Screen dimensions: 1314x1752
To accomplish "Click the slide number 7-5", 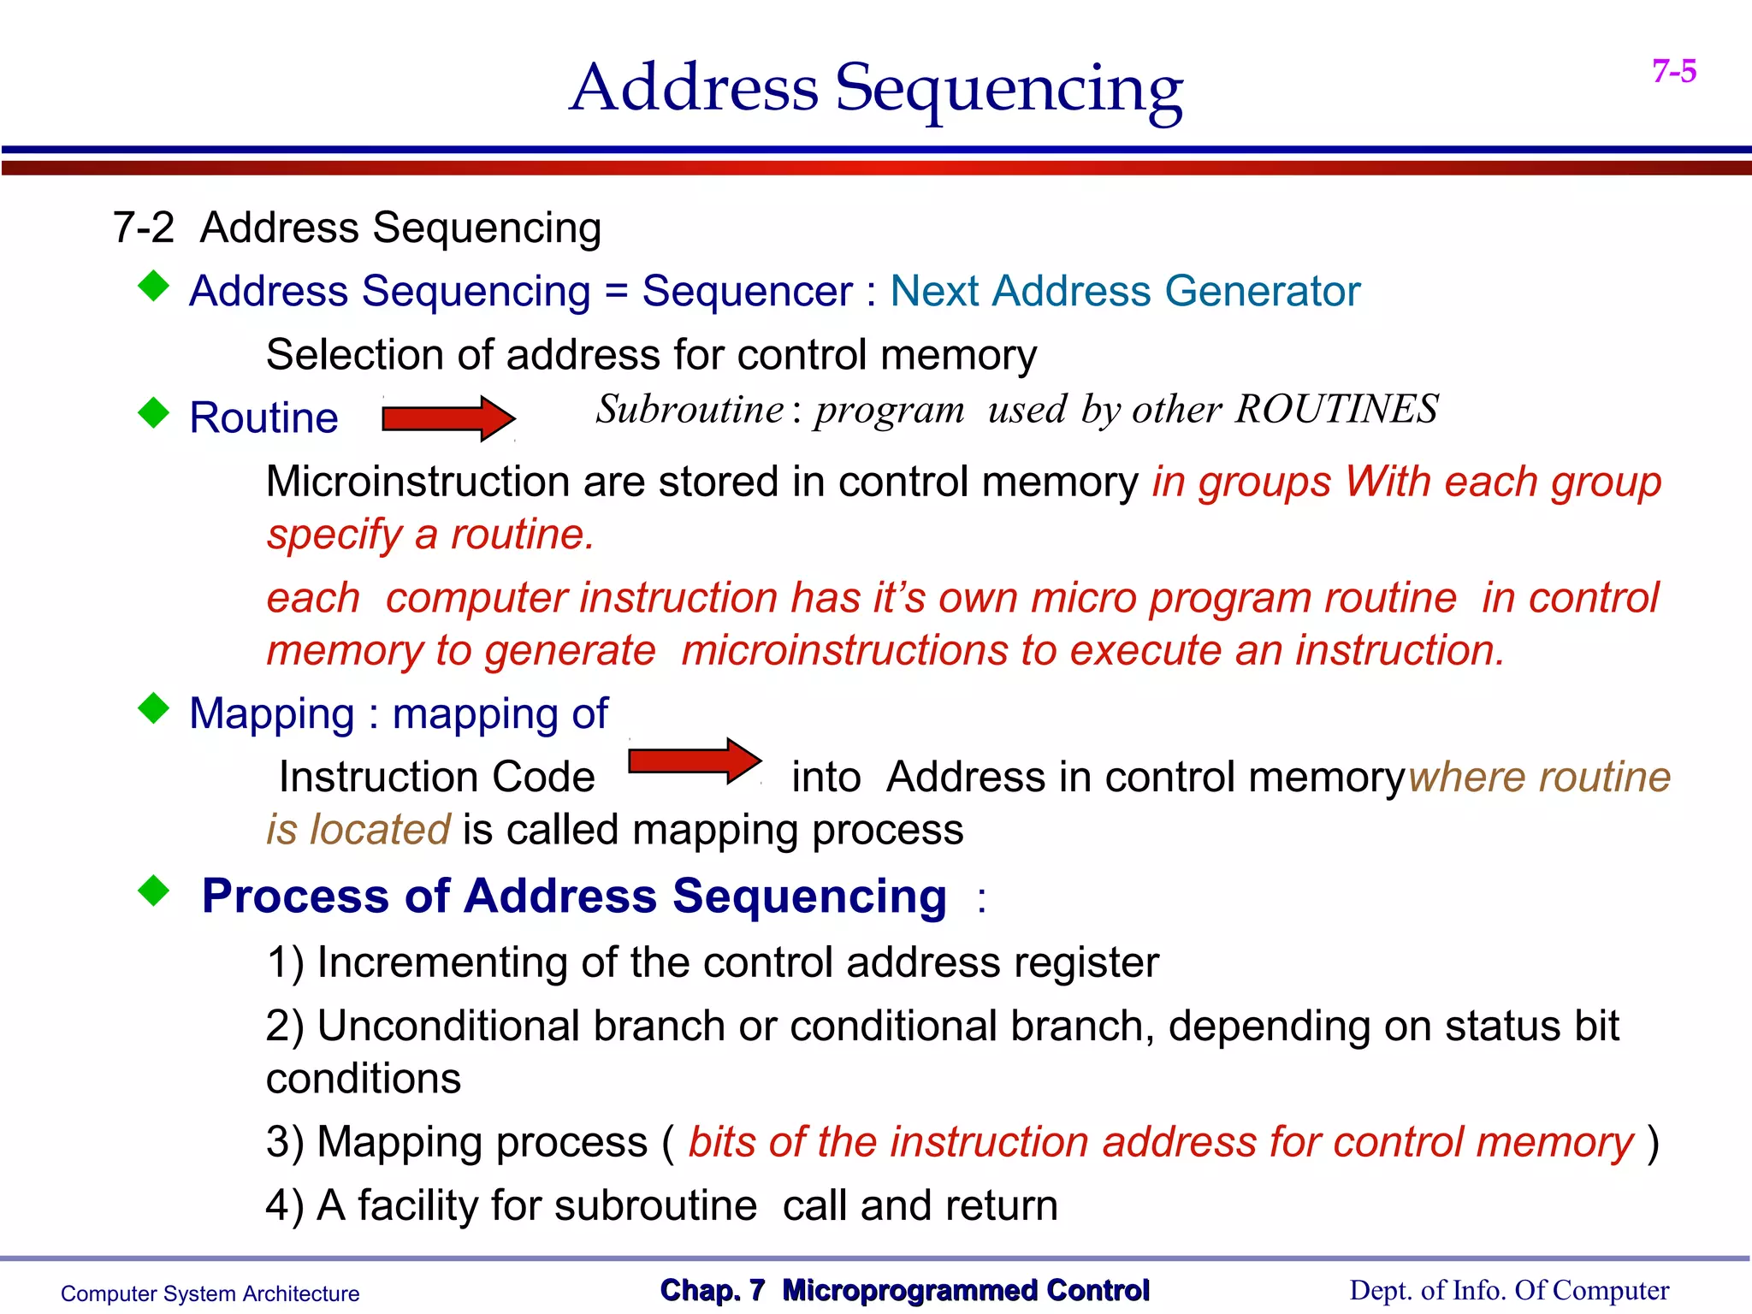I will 1674,71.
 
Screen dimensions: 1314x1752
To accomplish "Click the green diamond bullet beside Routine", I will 154,412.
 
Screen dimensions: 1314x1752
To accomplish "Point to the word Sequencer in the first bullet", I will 747,292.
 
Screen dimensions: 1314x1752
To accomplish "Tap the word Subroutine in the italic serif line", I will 690,410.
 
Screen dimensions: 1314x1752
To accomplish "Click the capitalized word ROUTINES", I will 1336,410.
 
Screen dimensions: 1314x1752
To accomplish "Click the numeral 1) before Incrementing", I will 285,963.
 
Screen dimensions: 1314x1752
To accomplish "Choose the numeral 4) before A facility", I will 285,1206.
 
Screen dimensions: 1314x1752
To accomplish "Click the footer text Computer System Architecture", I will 210,1293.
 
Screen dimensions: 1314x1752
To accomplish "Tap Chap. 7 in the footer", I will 712,1290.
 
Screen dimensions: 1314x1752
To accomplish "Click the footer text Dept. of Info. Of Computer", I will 1509,1291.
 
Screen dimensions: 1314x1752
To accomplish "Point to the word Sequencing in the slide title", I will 1009,90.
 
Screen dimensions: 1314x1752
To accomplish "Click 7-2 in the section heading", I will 143,228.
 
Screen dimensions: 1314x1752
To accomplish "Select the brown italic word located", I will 380,831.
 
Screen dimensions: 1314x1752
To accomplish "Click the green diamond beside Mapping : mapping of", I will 154,708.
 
